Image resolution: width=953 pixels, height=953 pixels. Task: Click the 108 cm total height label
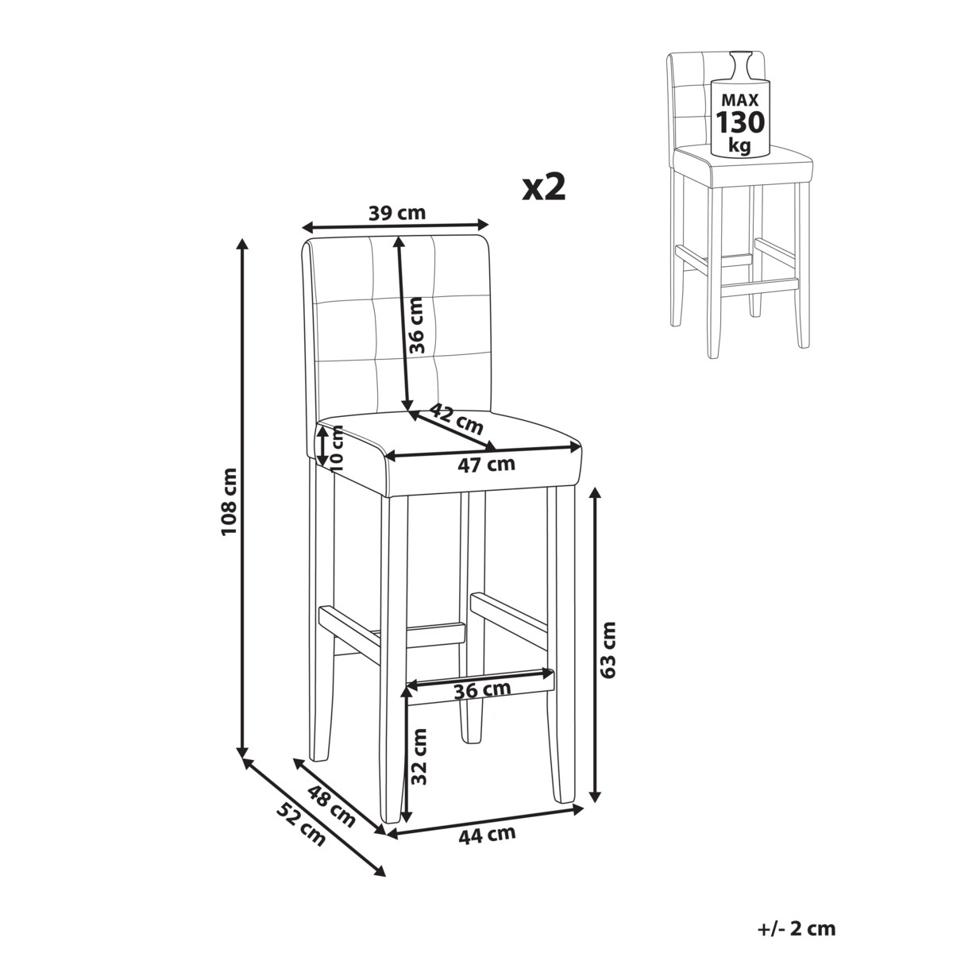pyautogui.click(x=229, y=502)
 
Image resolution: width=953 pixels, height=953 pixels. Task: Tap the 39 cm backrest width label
pyautogui.click(x=396, y=213)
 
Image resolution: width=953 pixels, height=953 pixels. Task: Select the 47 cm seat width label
pyautogui.click(x=486, y=465)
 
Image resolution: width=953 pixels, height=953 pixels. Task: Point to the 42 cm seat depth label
pyautogui.click(x=456, y=418)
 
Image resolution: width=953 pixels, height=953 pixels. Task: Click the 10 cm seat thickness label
pyautogui.click(x=336, y=449)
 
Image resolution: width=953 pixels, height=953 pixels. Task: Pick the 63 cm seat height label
pyautogui.click(x=608, y=650)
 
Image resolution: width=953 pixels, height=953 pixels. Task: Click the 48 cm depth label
pyautogui.click(x=331, y=806)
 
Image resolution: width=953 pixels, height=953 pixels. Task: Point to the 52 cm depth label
pyautogui.click(x=301, y=824)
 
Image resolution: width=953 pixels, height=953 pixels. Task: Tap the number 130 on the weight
pyautogui.click(x=740, y=122)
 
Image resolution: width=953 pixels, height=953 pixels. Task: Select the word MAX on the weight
pyautogui.click(x=740, y=100)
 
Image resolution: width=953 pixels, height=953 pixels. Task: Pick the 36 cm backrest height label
pyautogui.click(x=417, y=326)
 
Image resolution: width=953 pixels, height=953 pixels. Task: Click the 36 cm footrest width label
pyautogui.click(x=482, y=691)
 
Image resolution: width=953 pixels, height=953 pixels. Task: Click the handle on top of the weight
pyautogui.click(x=740, y=65)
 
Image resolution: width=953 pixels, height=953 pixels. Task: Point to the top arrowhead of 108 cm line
pyautogui.click(x=242, y=245)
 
